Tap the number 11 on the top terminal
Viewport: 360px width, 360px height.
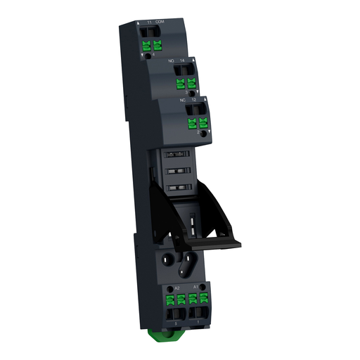tap(148, 23)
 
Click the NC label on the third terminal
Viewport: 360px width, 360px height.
tap(183, 100)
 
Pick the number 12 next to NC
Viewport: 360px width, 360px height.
tap(195, 101)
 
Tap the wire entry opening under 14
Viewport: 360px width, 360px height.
tap(190, 71)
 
